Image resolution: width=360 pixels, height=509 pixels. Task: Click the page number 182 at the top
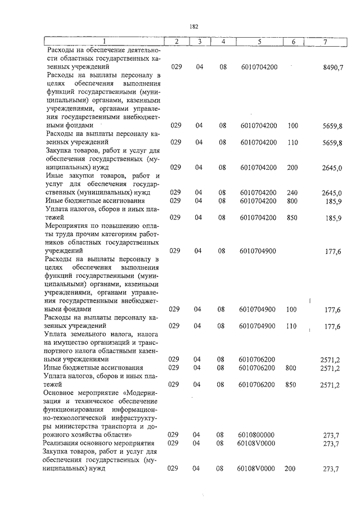pyautogui.click(x=194, y=26)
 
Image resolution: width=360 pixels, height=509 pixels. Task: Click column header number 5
pyautogui.click(x=259, y=42)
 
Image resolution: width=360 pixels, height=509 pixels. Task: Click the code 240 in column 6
pyautogui.click(x=292, y=193)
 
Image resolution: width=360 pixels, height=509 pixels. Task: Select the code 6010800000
pyautogui.click(x=256, y=435)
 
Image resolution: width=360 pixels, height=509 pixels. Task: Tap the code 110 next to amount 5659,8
pyautogui.click(x=292, y=142)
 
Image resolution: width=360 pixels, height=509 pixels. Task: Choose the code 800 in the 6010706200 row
pyautogui.click(x=291, y=368)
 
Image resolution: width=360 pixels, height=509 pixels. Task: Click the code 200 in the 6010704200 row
pyautogui.click(x=292, y=167)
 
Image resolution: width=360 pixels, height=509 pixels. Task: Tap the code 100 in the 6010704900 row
pyautogui.click(x=292, y=309)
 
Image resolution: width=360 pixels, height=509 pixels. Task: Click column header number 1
pyautogui.click(x=104, y=42)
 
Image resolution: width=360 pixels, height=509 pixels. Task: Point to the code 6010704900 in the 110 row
pyautogui.click(x=257, y=326)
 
